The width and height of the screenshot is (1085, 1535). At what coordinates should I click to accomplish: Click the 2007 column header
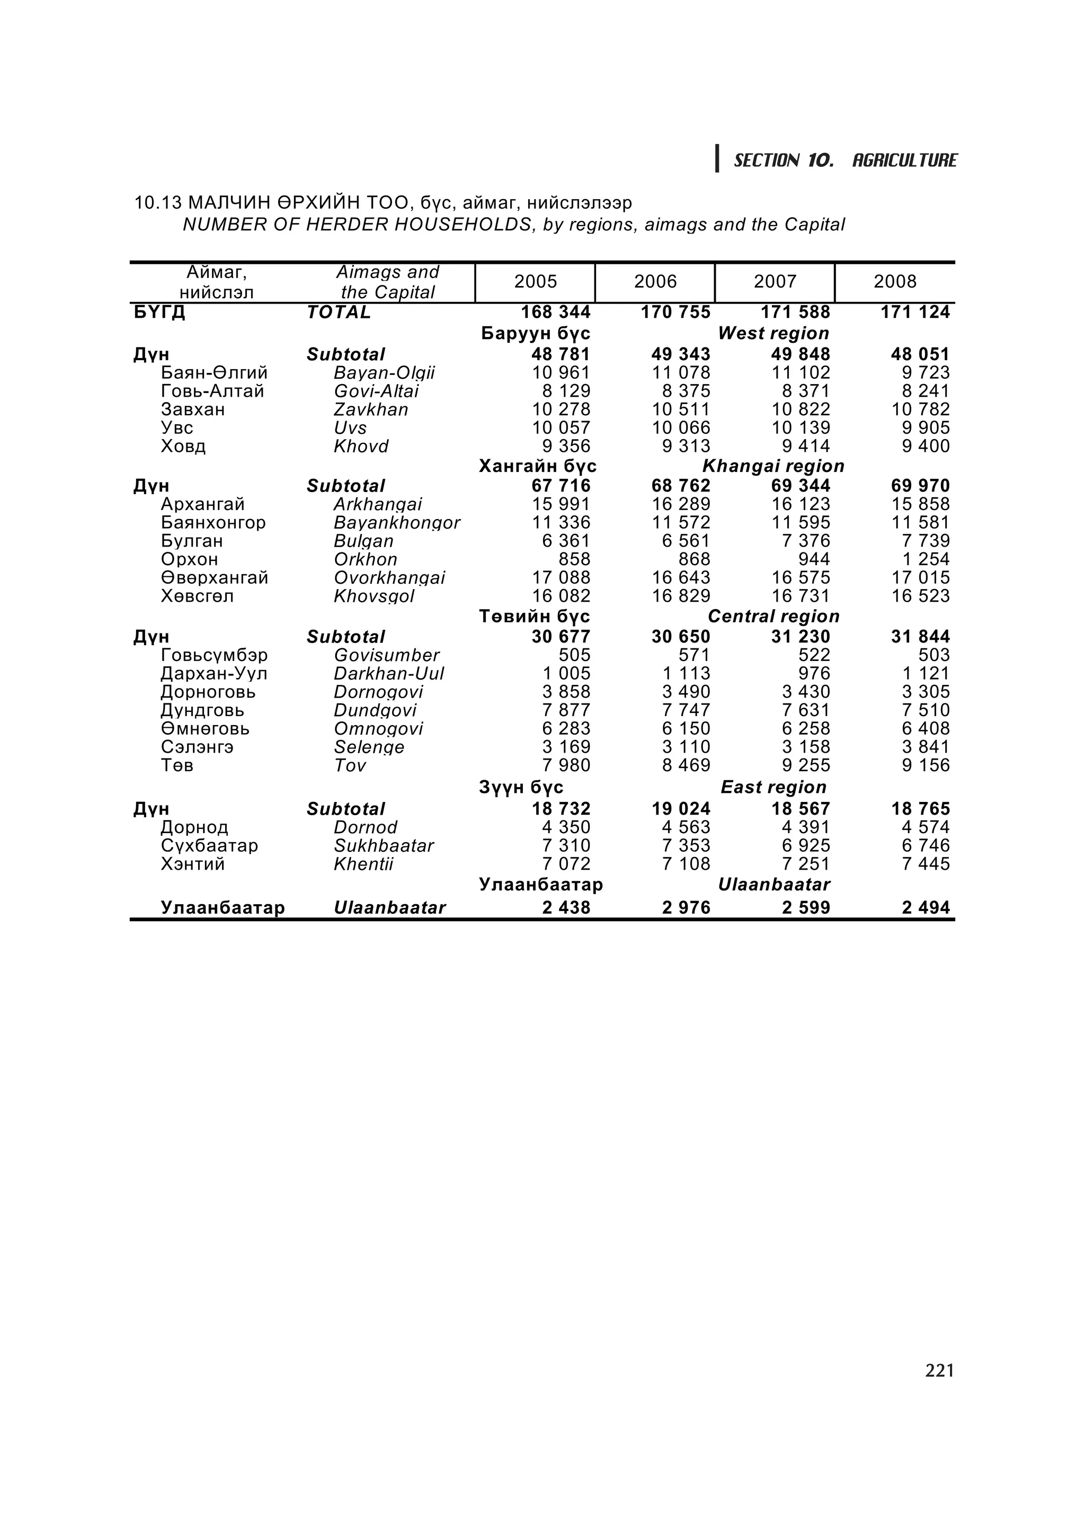click(775, 281)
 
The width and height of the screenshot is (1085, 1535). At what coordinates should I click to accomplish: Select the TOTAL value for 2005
click(556, 312)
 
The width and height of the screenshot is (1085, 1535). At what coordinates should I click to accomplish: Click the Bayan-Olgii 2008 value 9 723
click(925, 372)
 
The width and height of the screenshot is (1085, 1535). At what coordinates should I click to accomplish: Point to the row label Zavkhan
click(371, 409)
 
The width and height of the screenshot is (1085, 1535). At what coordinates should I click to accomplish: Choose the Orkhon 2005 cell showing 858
click(574, 559)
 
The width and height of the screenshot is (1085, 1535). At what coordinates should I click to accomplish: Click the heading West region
click(773, 333)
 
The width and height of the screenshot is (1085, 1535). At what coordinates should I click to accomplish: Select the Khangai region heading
click(773, 466)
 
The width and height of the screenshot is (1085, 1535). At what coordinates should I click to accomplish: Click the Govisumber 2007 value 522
click(814, 655)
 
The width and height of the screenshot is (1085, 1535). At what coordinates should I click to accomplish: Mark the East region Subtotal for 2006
click(681, 809)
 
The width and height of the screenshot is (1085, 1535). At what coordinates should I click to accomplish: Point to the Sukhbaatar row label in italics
click(384, 846)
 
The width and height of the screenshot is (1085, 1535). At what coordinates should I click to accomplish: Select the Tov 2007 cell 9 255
click(806, 765)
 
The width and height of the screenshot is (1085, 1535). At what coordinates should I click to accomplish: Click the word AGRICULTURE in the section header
click(904, 160)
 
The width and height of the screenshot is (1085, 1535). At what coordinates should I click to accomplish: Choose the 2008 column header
click(894, 281)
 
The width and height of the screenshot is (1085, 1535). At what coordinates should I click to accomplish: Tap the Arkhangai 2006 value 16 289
click(681, 504)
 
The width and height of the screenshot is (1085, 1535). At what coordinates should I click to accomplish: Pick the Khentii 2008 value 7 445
click(925, 864)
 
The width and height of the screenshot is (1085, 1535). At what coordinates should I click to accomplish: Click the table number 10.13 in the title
click(158, 202)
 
